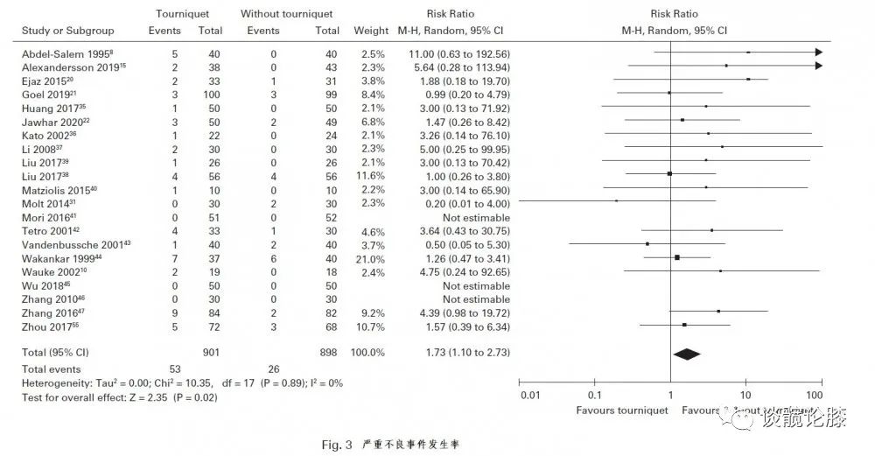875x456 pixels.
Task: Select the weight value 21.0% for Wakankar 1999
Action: pyautogui.click(x=369, y=258)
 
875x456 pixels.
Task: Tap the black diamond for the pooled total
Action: pyautogui.click(x=687, y=354)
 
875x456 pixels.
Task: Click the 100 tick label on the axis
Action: pyautogui.click(x=820, y=396)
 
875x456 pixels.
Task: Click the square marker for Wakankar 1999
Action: pyautogui.click(x=677, y=257)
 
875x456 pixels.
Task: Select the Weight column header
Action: pyautogui.click(x=370, y=32)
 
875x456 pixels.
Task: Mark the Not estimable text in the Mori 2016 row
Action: pyautogui.click(x=451, y=217)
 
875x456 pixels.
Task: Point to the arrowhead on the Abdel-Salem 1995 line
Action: pyautogui.click(x=818, y=53)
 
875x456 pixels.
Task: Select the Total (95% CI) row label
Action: pyautogui.click(x=54, y=353)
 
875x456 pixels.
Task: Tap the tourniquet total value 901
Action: pyautogui.click(x=210, y=353)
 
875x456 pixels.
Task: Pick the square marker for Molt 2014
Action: pyautogui.click(x=616, y=200)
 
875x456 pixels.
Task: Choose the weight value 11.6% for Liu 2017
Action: pyautogui.click(x=369, y=176)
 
